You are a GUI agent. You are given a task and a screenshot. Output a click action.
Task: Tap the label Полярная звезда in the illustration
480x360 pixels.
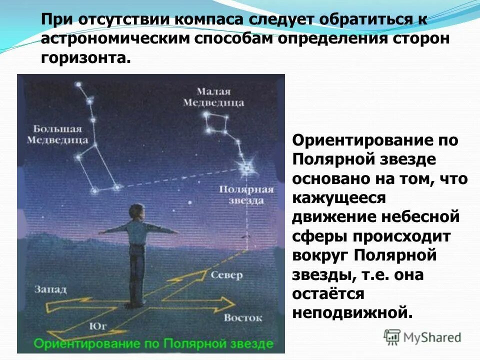[x=246, y=195]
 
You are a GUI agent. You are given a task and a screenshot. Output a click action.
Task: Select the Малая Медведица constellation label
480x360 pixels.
[x=213, y=97]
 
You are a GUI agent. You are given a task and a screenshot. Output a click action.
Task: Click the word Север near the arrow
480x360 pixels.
[x=226, y=275]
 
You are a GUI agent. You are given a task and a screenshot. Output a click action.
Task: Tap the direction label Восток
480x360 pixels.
[x=243, y=317]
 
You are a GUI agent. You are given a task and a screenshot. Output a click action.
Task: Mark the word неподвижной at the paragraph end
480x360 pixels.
[x=352, y=313]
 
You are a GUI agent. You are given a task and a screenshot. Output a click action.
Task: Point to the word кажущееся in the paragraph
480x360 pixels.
[x=339, y=198]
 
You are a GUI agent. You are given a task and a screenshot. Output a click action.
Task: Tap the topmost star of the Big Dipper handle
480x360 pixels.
[x=78, y=84]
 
